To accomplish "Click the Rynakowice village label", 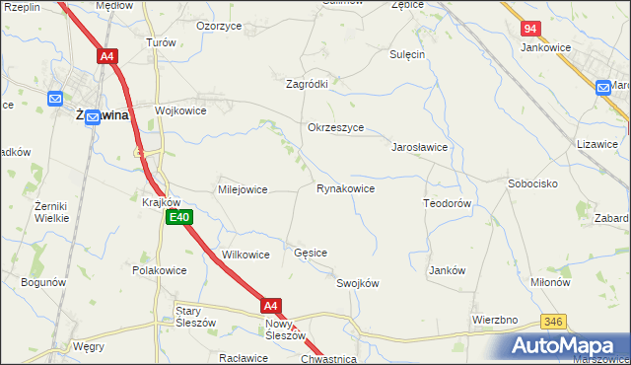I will click(344, 188).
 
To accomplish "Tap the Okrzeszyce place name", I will click(336, 128).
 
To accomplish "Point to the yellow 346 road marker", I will click(553, 323).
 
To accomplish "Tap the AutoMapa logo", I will click(565, 344).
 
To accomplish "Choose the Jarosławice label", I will click(421, 147).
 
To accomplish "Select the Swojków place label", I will click(357, 283).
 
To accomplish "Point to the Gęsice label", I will click(311, 254).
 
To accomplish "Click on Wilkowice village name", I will click(245, 255).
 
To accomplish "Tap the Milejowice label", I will click(243, 189).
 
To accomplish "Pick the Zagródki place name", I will click(307, 85).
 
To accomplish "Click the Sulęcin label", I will click(406, 55).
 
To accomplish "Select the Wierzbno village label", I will click(495, 320).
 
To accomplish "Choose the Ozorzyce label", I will click(220, 26).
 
